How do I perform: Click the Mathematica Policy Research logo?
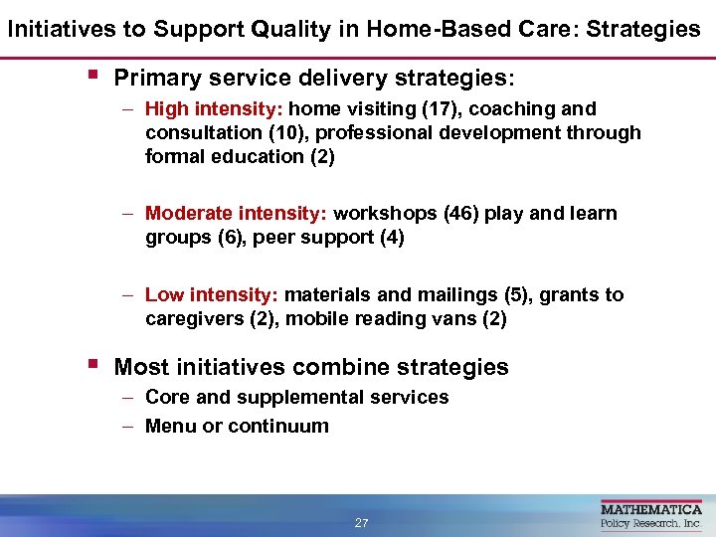click(x=650, y=516)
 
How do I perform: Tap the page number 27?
click(x=361, y=523)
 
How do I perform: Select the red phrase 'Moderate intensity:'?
click(x=237, y=214)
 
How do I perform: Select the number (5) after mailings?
click(x=531, y=295)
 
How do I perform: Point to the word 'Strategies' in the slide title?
click(x=642, y=29)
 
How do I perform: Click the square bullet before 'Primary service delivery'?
click(x=91, y=75)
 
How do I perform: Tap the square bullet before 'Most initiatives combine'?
click(x=91, y=364)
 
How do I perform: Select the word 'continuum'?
click(x=277, y=427)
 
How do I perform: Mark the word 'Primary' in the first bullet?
click(x=156, y=78)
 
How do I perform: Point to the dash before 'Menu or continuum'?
click(x=130, y=427)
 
